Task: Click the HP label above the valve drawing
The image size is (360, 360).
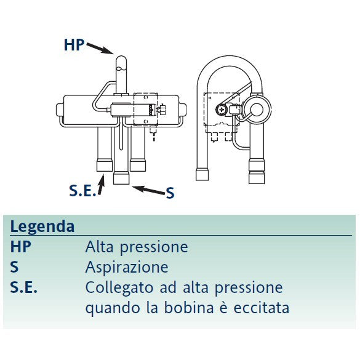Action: (x=74, y=44)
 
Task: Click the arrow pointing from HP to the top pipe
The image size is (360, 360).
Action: (x=100, y=49)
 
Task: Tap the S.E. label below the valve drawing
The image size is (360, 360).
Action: (x=82, y=190)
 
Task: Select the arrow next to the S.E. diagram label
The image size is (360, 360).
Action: (x=101, y=185)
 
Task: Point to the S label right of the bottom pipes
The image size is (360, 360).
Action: (x=170, y=193)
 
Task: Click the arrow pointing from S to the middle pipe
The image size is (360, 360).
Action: (x=148, y=190)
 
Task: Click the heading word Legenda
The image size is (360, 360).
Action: (x=42, y=227)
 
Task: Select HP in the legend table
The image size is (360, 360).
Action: (x=21, y=247)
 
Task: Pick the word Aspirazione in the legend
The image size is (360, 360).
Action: (x=127, y=268)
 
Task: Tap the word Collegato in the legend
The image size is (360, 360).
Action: (x=119, y=287)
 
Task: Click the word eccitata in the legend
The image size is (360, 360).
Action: (x=262, y=308)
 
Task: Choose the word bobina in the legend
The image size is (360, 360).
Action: (x=189, y=307)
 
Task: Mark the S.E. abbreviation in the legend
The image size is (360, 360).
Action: (x=23, y=287)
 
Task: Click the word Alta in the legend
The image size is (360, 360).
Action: (x=100, y=247)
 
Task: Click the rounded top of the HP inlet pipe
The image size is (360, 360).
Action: (x=121, y=60)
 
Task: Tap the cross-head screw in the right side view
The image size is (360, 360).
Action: (x=222, y=110)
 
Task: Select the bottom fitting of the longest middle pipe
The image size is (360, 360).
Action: (x=121, y=178)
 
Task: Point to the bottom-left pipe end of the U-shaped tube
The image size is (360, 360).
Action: (x=202, y=174)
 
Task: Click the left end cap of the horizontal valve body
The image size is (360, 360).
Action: (x=60, y=110)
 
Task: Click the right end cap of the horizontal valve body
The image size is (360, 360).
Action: (x=183, y=110)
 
